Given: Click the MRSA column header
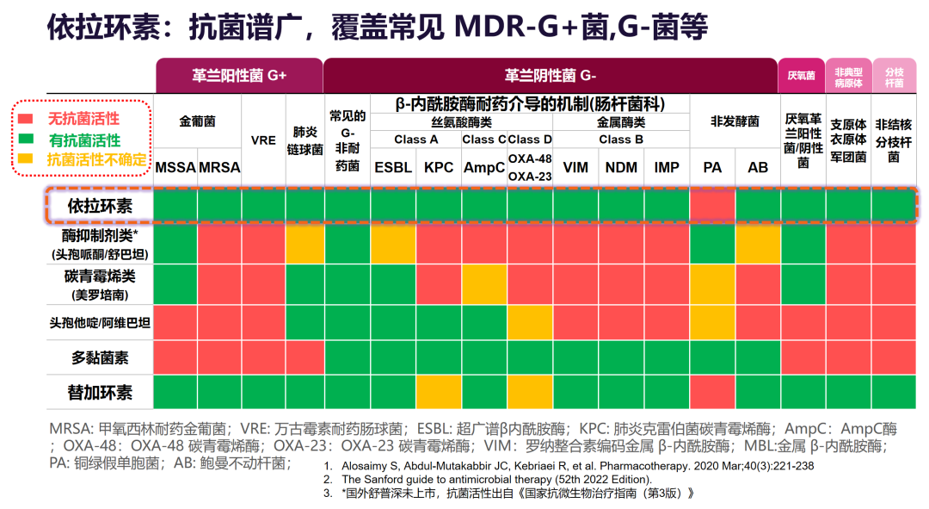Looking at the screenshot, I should pos(219,167).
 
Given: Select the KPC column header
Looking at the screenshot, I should pos(439,167).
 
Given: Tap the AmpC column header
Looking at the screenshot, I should pos(484,167).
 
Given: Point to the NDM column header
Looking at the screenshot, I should pos(621,167).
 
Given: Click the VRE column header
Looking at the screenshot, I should pos(263,140).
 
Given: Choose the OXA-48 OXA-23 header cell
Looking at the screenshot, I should pos(530,167).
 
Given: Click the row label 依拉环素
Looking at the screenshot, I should pos(101,206).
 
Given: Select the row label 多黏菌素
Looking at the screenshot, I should pos(101,357).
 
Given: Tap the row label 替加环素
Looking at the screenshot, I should pos(101,392).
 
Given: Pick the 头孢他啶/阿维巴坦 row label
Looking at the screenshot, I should pos(101,322).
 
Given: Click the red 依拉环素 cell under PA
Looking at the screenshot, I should pos(712,206).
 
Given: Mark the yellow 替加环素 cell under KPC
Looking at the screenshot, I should pos(439,392).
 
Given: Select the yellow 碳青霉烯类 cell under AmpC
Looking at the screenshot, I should pos(484,283).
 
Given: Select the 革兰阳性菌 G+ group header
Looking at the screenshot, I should pos(239,75).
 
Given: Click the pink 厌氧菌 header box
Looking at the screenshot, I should pos(801,76).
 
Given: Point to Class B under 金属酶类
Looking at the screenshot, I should pos(621,139).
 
